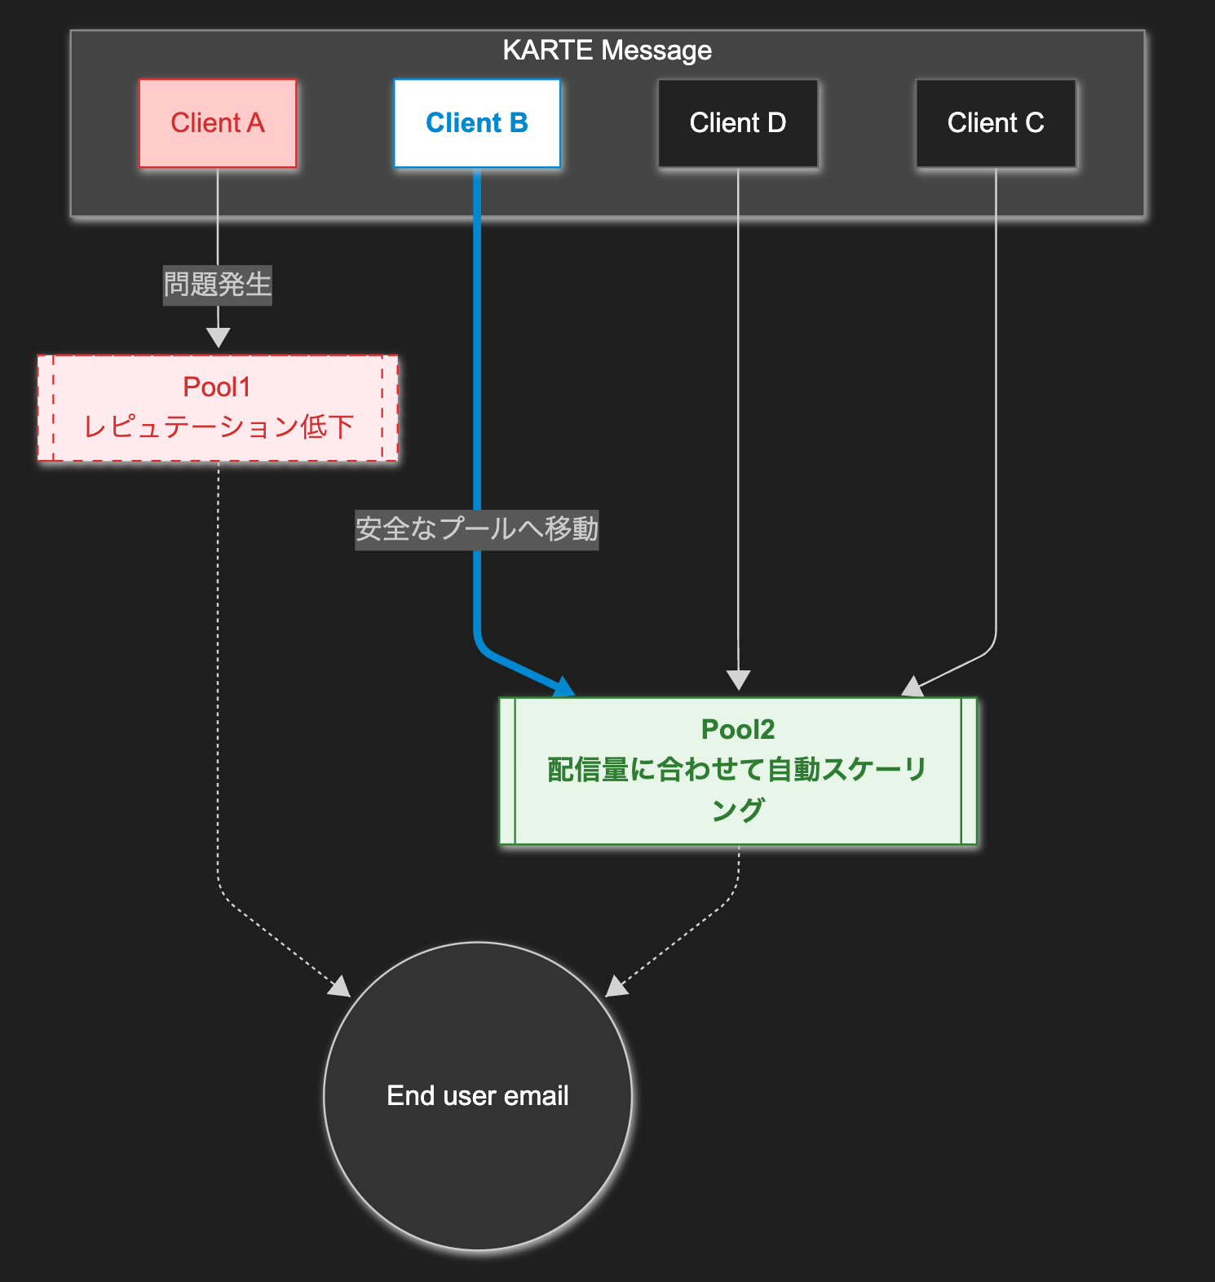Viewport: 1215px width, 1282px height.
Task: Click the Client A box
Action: [x=218, y=123]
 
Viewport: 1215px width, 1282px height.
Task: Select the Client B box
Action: [x=477, y=123]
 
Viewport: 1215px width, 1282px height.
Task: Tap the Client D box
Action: [x=738, y=123]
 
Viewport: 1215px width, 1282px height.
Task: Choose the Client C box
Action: [x=996, y=123]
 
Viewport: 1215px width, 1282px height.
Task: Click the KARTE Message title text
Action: [x=607, y=51]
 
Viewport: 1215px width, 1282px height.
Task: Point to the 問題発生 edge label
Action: [x=218, y=285]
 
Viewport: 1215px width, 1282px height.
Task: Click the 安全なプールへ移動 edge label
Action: [x=477, y=529]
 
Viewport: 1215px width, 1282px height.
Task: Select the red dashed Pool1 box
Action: [x=218, y=408]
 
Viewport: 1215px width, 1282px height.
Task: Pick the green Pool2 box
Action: [x=738, y=771]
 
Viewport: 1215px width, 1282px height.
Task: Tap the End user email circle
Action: [x=478, y=1095]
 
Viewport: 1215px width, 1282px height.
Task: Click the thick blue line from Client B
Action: [x=477, y=367]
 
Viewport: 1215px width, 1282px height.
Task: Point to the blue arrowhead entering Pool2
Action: [x=564, y=687]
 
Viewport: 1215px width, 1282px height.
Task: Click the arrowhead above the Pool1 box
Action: [x=218, y=337]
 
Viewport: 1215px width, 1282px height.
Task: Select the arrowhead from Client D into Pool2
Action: [x=738, y=680]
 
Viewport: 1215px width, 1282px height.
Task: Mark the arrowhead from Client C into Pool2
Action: [x=912, y=687]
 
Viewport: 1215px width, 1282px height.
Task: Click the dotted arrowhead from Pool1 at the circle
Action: [x=340, y=987]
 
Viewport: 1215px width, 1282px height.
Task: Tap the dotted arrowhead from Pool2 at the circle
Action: [x=616, y=987]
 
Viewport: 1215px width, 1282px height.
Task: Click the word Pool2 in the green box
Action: [x=738, y=729]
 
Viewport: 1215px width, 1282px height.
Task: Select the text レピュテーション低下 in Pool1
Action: [x=219, y=427]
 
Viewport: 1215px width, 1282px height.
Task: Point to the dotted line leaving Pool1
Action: [x=218, y=652]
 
